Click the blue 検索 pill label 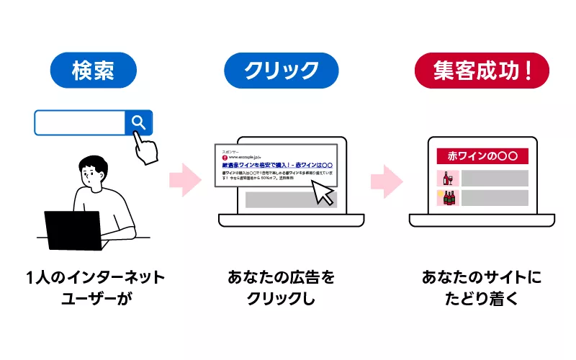pyautogui.click(x=94, y=70)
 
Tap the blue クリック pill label pyautogui.click(x=281, y=70)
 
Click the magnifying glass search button pyautogui.click(x=139, y=123)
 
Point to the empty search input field pyautogui.click(x=80, y=123)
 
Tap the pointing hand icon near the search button pyautogui.click(x=148, y=149)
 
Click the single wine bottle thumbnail pyautogui.click(x=446, y=178)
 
